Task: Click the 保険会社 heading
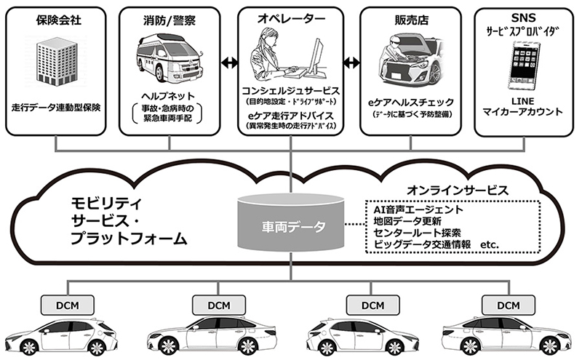click(59, 20)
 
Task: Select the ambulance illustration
click(170, 57)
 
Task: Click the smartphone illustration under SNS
click(523, 65)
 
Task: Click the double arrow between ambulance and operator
click(230, 63)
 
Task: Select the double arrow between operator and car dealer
click(351, 63)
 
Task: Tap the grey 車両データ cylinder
click(290, 222)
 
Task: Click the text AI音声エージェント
click(418, 209)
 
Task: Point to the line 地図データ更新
click(407, 221)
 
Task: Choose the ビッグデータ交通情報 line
click(422, 244)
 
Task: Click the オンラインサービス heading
click(458, 191)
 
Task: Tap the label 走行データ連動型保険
click(56, 108)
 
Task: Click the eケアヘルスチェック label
click(411, 102)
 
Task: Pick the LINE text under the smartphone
click(522, 101)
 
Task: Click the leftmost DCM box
click(68, 305)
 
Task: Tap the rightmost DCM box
click(509, 305)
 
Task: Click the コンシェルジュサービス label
click(290, 91)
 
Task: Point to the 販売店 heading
click(411, 20)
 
